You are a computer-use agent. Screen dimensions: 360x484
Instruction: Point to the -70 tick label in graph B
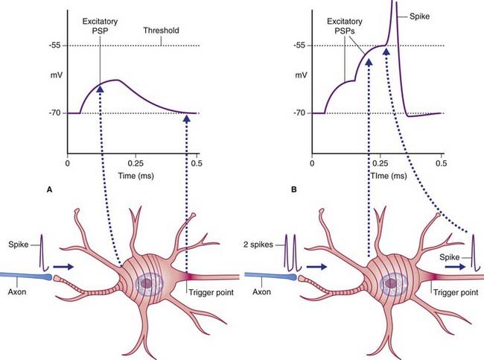299,113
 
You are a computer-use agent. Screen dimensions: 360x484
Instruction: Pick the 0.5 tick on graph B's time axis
440,162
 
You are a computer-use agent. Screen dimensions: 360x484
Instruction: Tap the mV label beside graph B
300,76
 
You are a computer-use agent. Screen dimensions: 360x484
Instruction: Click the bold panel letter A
49,190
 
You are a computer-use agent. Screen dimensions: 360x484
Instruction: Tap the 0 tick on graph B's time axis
313,162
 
